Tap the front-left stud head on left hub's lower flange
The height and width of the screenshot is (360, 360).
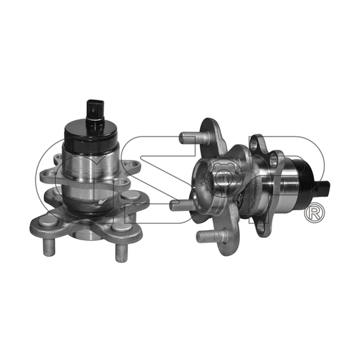point(48,222)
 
